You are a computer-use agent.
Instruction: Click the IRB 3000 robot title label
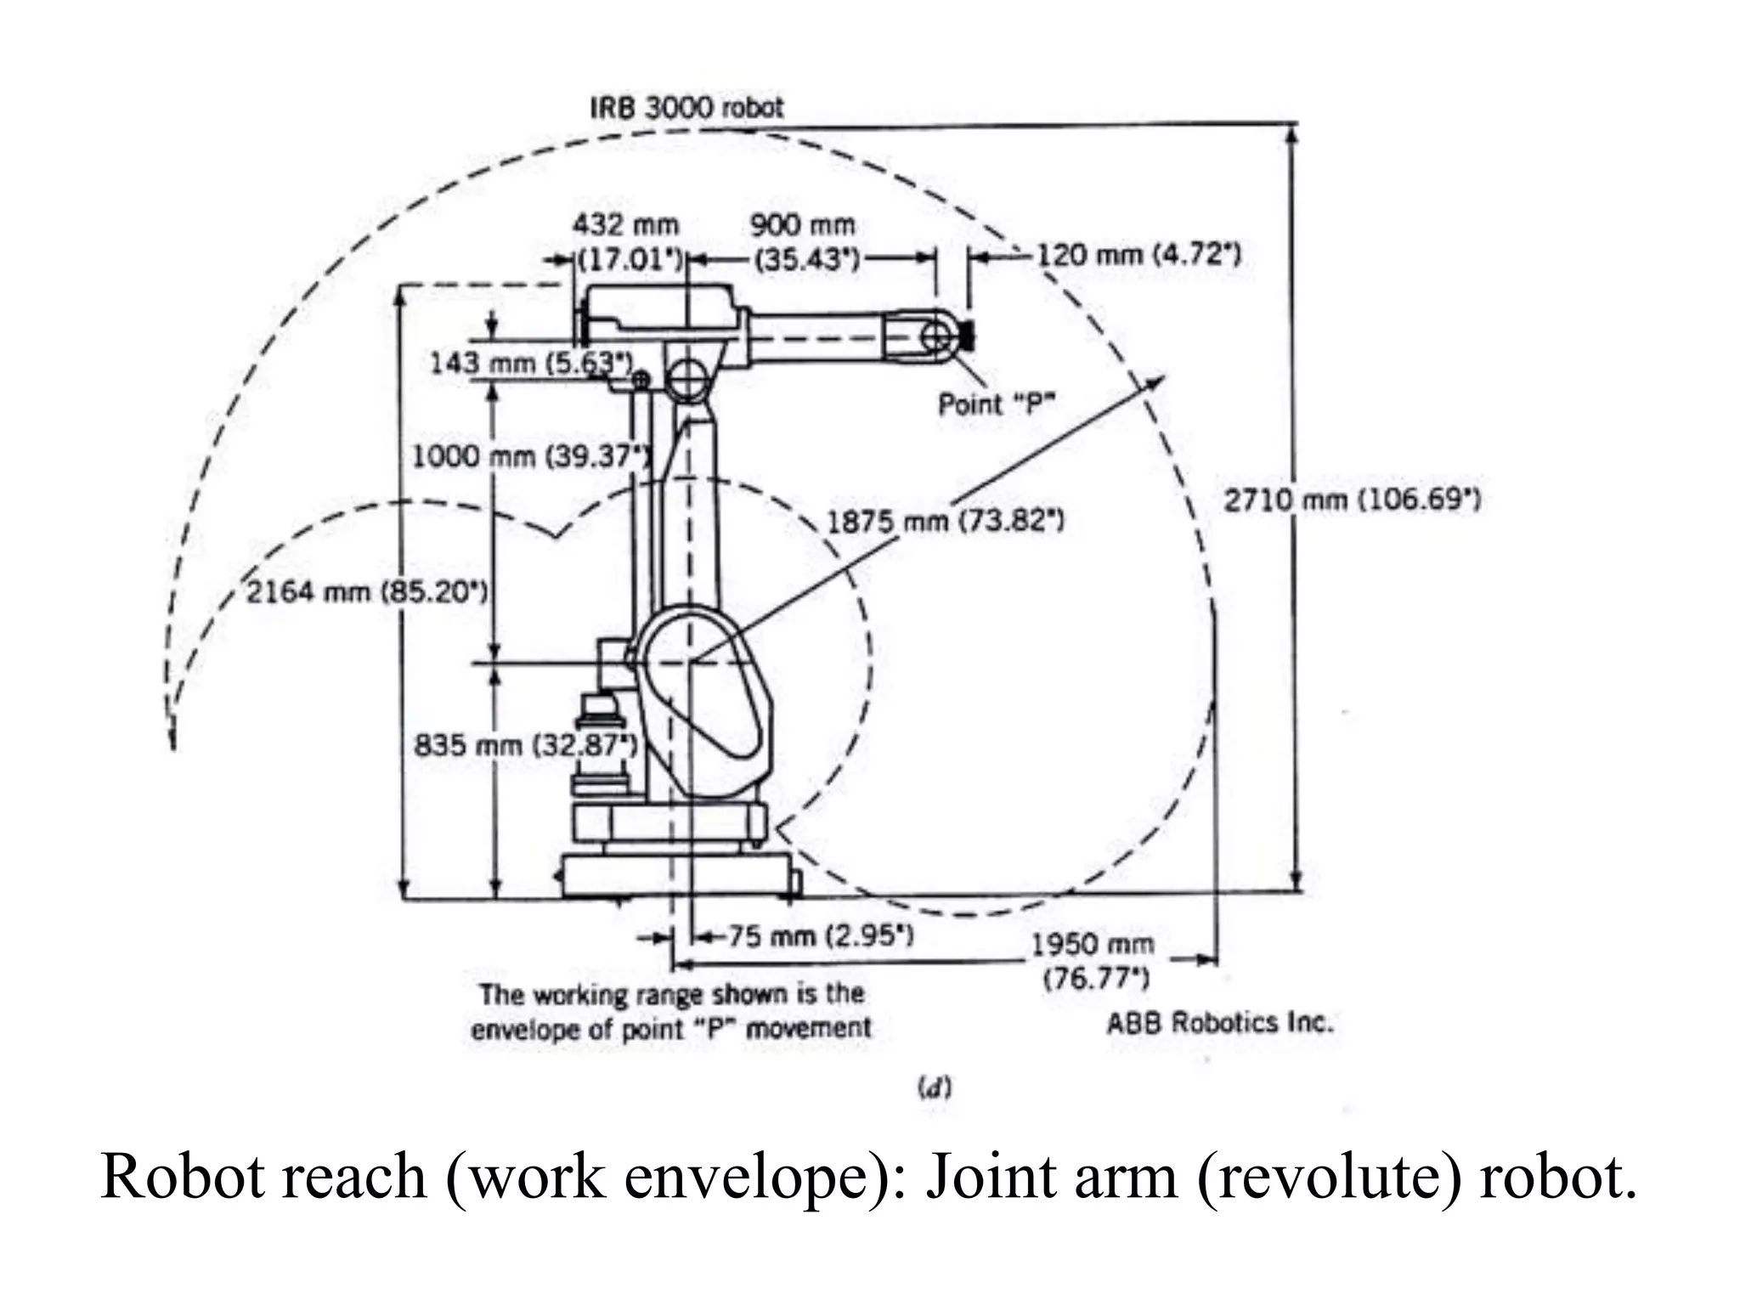point(686,108)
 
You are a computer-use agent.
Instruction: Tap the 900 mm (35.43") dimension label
point(804,241)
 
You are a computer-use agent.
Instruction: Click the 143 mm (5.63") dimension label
point(531,364)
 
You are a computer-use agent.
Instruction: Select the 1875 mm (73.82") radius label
point(945,521)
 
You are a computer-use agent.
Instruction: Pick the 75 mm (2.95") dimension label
point(820,936)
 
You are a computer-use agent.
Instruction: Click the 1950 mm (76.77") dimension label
point(1094,961)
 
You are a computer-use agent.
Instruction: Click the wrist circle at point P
point(935,336)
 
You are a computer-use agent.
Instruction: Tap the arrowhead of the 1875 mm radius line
point(1157,381)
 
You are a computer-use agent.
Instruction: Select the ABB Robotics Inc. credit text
point(1220,1022)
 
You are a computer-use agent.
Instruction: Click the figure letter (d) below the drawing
point(935,1087)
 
